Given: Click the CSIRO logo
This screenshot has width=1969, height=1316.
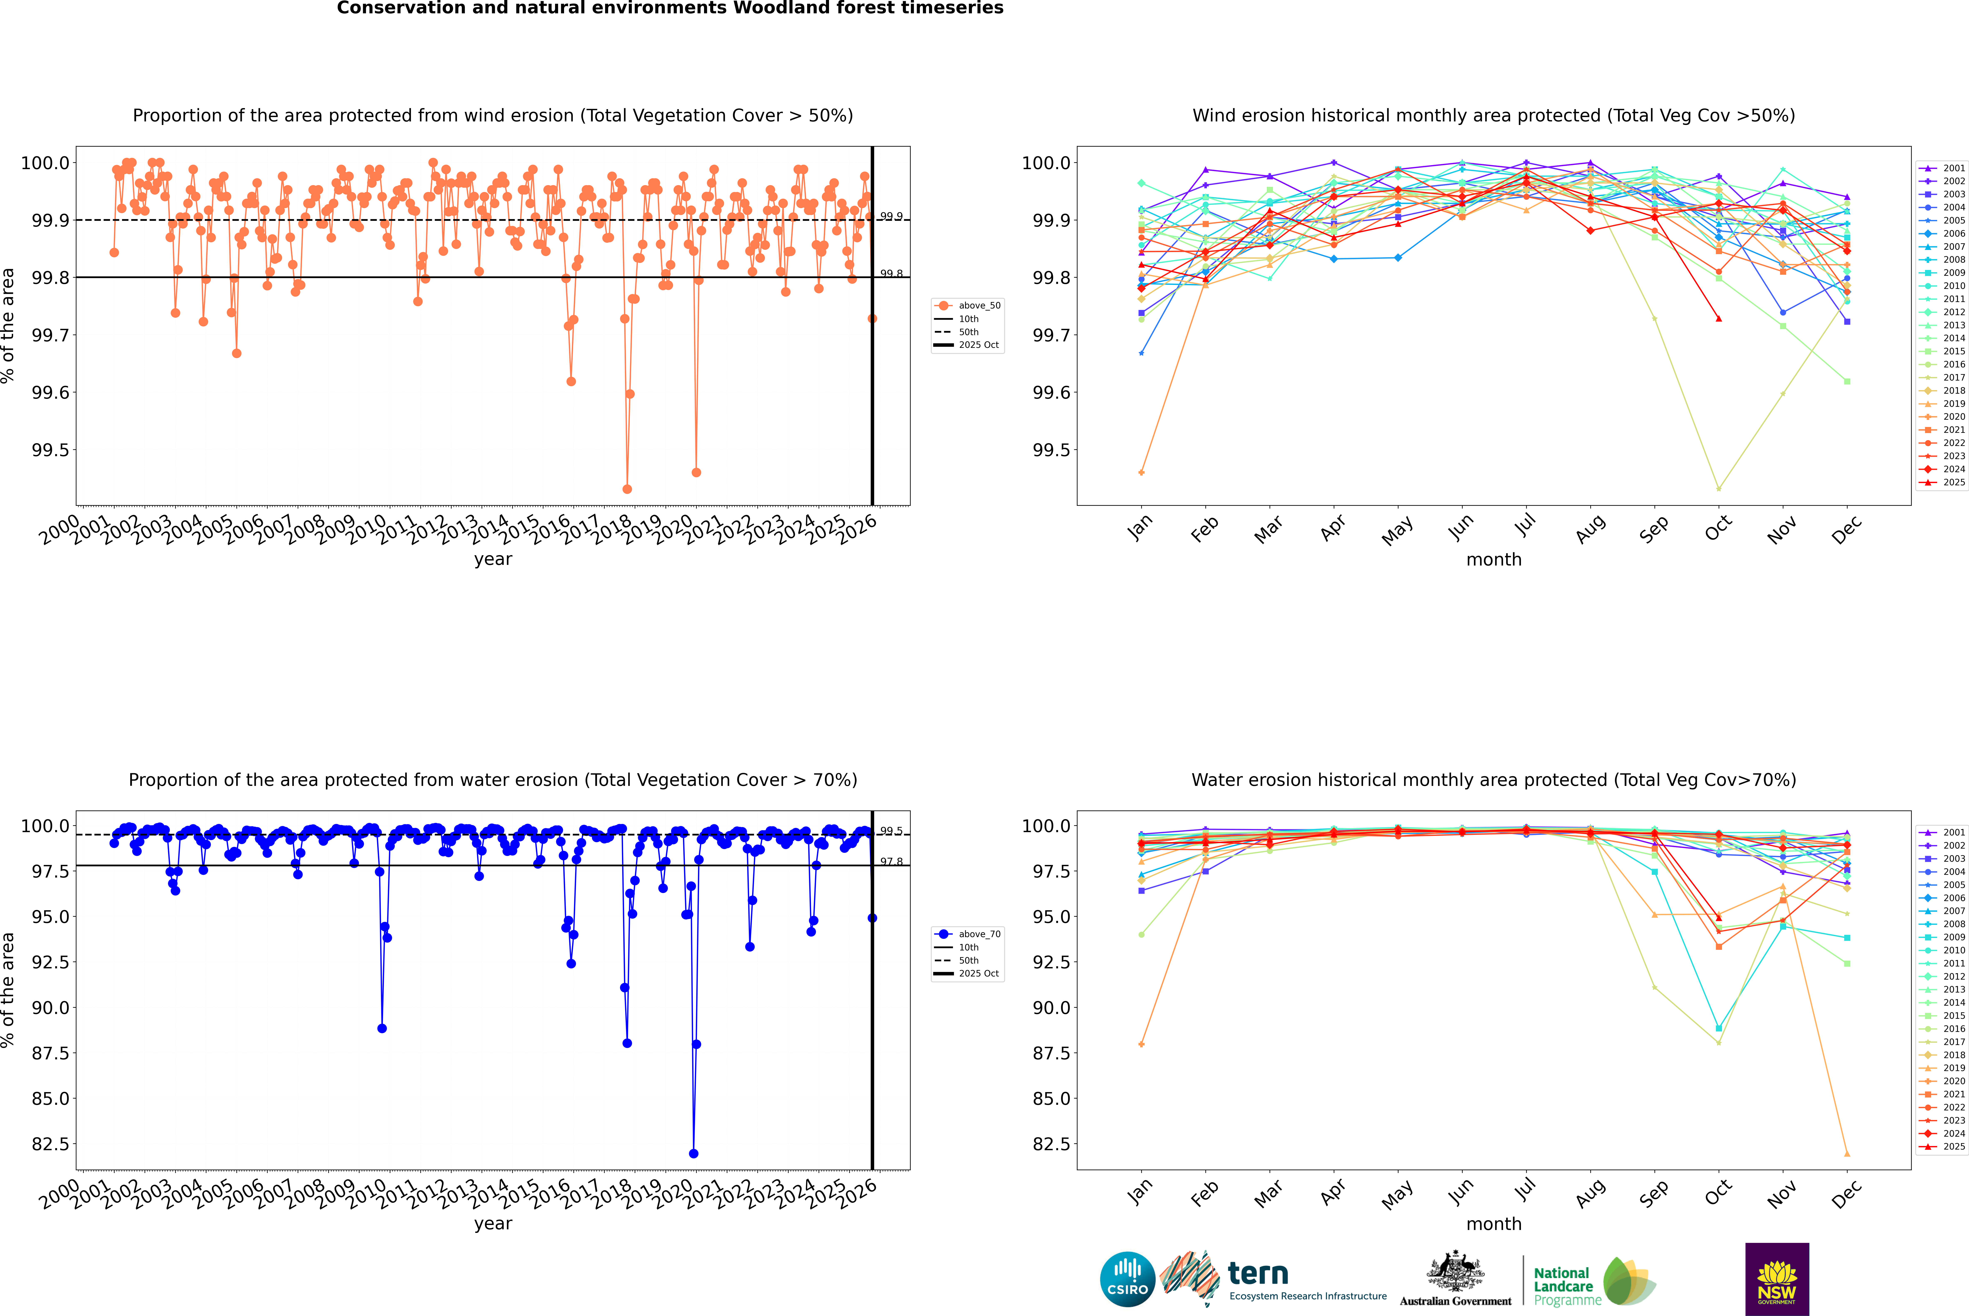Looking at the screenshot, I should [1127, 1279].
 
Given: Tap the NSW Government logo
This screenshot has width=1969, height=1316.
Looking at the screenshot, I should [1777, 1279].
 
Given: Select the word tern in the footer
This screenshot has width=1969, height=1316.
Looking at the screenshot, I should [1257, 1274].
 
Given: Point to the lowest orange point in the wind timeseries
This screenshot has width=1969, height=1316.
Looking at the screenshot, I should [627, 489].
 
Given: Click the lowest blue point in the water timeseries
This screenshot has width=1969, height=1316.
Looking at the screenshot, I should [693, 1154].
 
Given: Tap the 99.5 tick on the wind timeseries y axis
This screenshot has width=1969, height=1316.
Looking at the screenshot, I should [49, 450].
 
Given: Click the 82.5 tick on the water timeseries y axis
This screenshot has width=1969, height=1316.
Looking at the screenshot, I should [49, 1144].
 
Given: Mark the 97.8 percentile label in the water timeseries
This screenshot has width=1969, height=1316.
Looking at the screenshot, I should [891, 862].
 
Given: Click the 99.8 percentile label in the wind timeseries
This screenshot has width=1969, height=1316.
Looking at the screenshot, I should [891, 274].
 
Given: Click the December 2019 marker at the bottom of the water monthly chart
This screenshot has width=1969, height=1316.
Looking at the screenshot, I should [1847, 1154].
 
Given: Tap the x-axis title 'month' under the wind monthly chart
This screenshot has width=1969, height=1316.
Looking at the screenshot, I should [1493, 560].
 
